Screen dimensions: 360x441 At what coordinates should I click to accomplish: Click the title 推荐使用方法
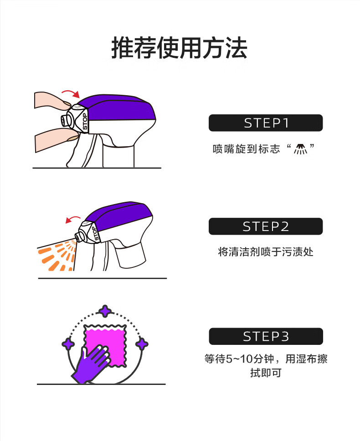tap(180, 48)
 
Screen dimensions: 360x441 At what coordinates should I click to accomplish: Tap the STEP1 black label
tap(266, 123)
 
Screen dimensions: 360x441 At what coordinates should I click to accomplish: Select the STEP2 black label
tap(266, 226)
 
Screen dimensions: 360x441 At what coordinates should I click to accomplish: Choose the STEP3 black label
tap(266, 336)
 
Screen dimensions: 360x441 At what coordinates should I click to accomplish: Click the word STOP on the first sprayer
tap(85, 122)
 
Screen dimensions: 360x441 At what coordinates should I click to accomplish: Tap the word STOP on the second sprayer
tap(95, 234)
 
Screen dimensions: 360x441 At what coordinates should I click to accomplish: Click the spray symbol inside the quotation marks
tap(300, 149)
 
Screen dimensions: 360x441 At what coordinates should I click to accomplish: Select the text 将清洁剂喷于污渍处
tap(266, 252)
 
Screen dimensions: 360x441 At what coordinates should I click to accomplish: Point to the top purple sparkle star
tap(105, 311)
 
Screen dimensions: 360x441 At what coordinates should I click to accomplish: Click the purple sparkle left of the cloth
tap(68, 344)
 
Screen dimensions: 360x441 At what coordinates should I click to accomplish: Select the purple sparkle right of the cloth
tap(142, 344)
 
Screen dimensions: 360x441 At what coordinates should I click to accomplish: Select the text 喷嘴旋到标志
tap(247, 149)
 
